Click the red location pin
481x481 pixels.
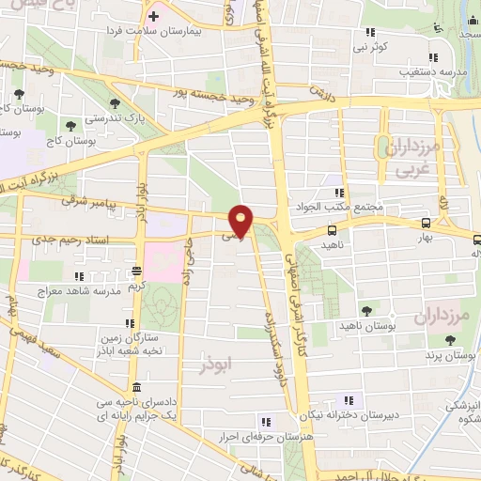coord(242,219)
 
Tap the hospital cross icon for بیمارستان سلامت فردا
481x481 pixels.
coord(154,16)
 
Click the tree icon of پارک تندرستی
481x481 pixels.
coord(115,103)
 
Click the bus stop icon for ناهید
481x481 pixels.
coord(332,228)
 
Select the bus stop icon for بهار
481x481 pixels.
coord(427,223)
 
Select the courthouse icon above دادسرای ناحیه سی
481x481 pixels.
coord(137,387)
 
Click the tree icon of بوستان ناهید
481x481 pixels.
coord(365,309)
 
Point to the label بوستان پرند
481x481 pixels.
coord(444,357)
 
